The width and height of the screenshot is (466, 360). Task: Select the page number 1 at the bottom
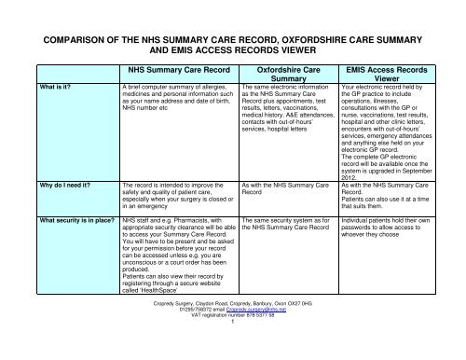[x=233, y=351]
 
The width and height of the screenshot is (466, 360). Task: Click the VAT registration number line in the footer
[x=233, y=344]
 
